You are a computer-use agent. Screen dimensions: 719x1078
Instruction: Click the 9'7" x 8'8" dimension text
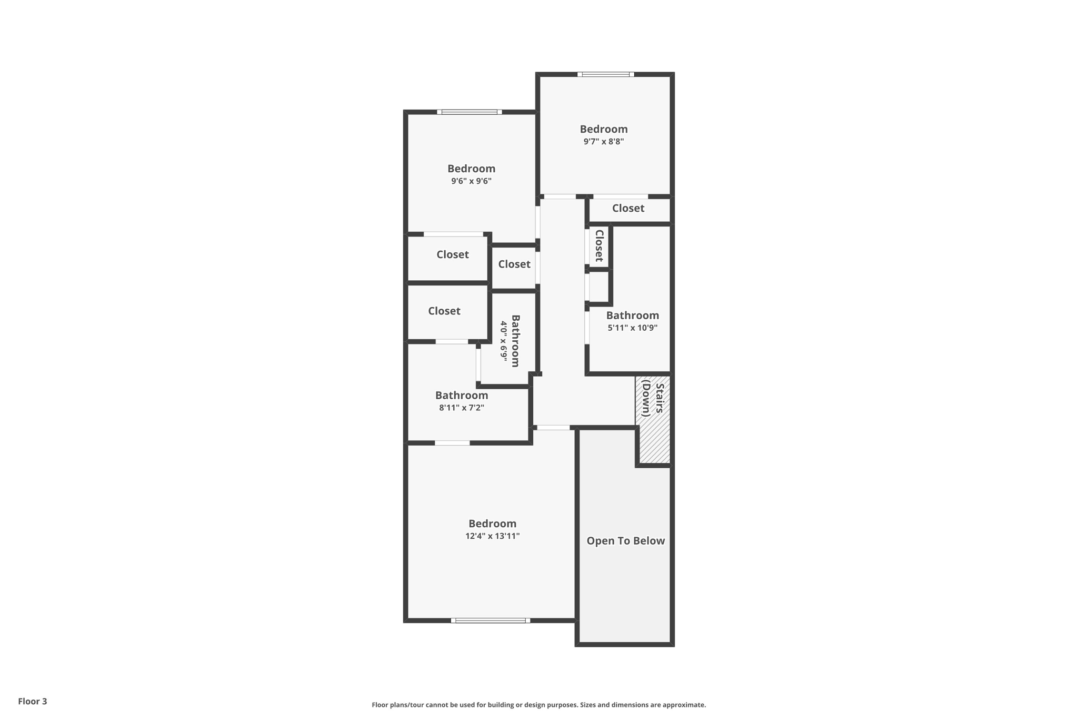(x=603, y=142)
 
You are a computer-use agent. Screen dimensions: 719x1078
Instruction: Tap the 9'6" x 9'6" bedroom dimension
(x=471, y=181)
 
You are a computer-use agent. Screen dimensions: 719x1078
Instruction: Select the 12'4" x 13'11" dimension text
(x=492, y=536)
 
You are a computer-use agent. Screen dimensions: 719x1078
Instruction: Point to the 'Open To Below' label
(x=625, y=541)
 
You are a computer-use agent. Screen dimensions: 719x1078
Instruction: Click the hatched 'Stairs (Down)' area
(x=653, y=421)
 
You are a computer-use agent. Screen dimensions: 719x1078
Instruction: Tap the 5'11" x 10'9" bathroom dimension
(x=632, y=328)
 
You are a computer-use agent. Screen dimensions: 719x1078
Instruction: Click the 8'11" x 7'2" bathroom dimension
(x=462, y=408)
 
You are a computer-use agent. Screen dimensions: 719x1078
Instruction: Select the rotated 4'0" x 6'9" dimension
(x=504, y=341)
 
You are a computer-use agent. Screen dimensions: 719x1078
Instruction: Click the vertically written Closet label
(x=599, y=245)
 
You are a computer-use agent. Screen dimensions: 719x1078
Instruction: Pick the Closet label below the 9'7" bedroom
(x=628, y=209)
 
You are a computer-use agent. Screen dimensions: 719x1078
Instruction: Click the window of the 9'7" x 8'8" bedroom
(x=605, y=74)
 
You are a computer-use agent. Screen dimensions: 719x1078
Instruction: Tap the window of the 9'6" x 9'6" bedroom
(x=470, y=112)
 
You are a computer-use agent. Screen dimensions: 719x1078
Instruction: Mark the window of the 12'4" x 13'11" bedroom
(x=491, y=620)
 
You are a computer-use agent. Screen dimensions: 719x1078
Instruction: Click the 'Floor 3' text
(x=33, y=701)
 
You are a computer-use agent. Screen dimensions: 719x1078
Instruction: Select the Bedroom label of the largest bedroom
(x=492, y=524)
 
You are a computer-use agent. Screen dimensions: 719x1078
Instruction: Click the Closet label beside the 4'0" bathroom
(x=514, y=264)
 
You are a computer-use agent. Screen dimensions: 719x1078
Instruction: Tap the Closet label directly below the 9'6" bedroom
(x=452, y=255)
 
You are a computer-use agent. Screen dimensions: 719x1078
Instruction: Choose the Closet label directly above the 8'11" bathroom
(x=444, y=311)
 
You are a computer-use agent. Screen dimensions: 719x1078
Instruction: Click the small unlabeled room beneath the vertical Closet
(x=599, y=287)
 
